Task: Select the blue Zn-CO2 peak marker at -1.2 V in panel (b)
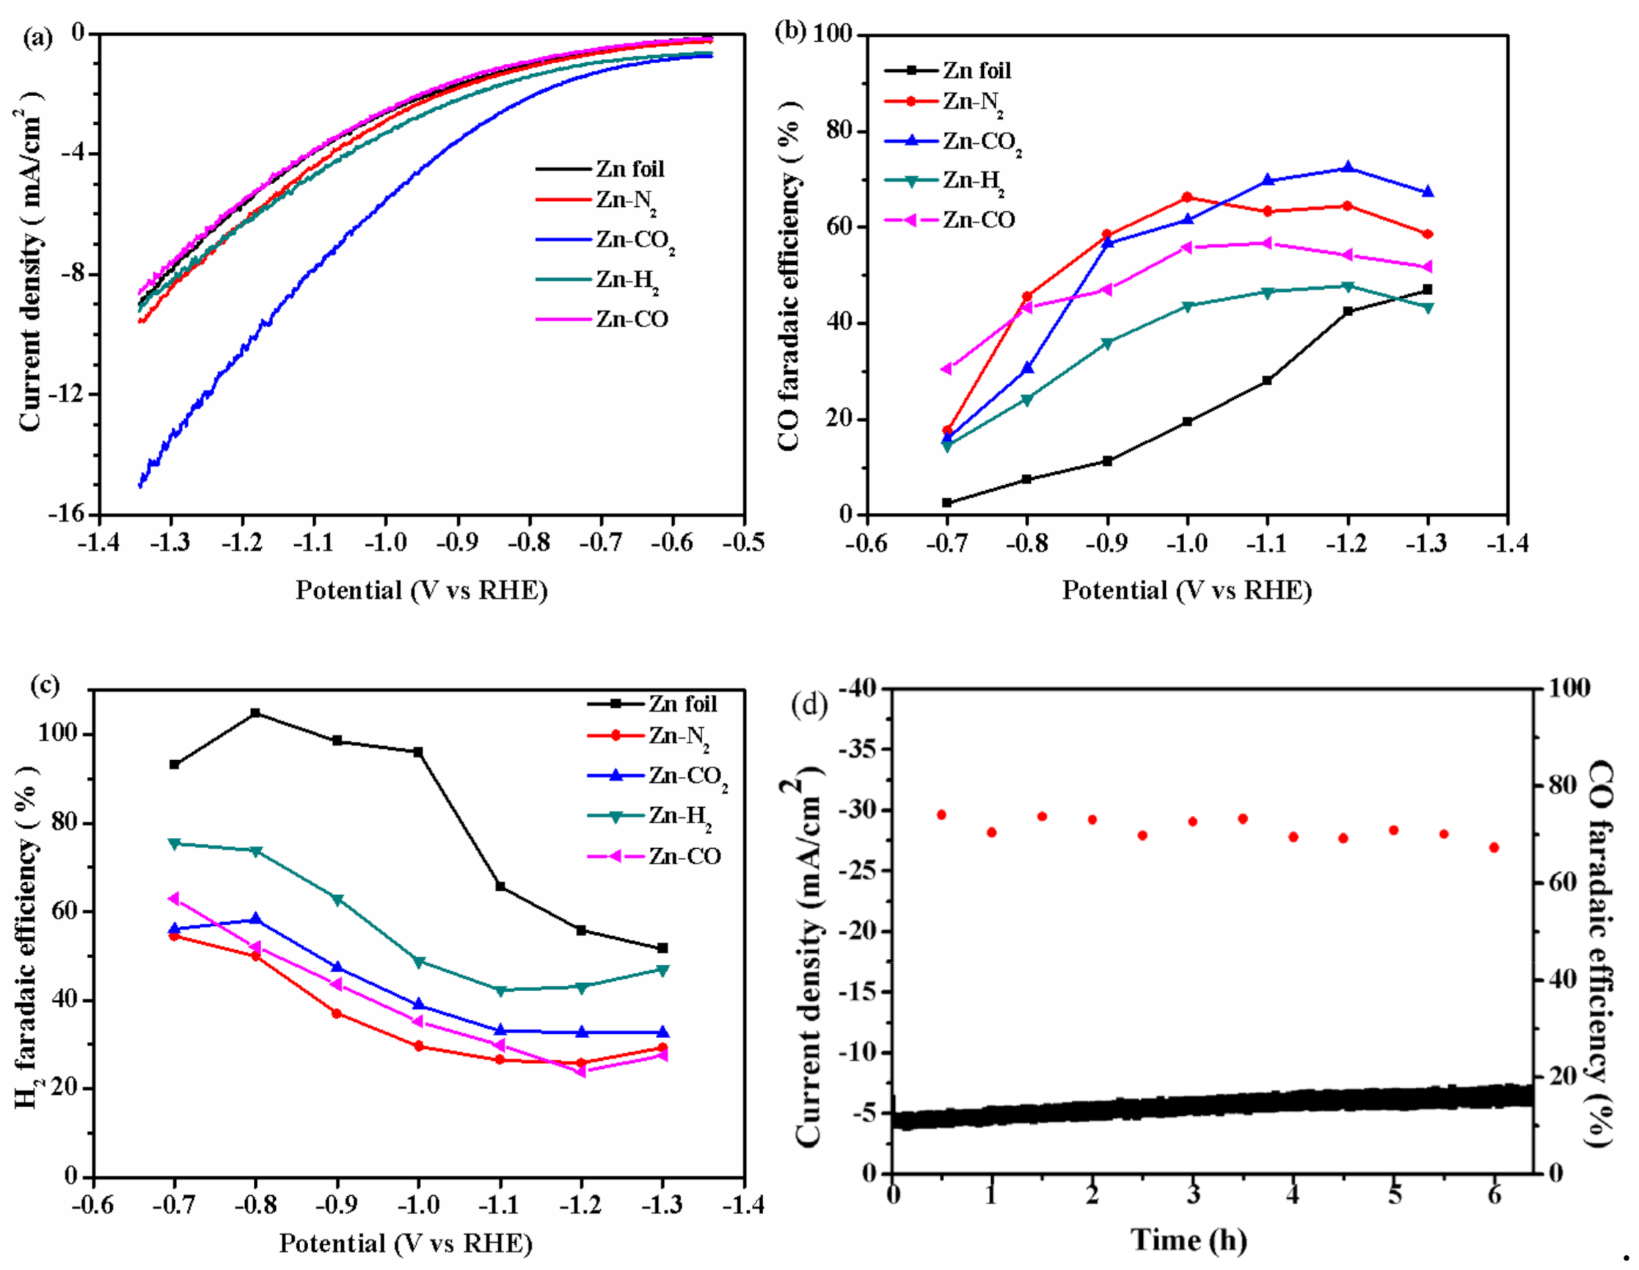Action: pos(1348,167)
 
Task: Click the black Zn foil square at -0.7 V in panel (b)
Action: pos(947,502)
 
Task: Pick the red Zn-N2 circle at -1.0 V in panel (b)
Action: pos(1187,197)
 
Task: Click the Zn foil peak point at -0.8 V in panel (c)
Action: pos(255,712)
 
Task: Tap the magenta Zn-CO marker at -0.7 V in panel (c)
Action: pos(174,899)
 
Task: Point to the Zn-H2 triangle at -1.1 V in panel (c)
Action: pos(500,990)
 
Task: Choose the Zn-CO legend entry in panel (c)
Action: pos(684,856)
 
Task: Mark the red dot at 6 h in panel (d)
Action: pos(1494,847)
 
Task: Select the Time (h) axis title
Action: pos(1189,1239)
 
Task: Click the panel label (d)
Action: pos(814,705)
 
